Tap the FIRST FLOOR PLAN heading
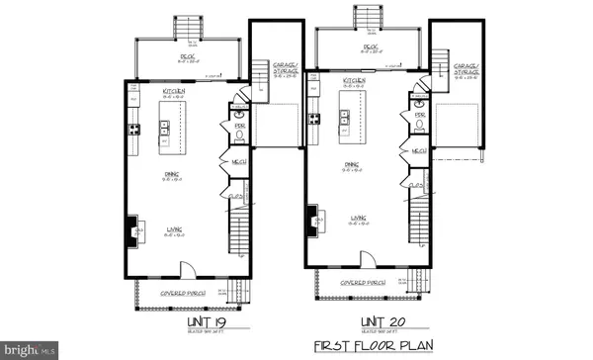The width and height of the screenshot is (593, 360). (361, 346)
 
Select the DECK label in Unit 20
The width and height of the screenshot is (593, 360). (371, 45)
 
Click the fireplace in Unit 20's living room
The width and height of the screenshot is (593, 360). (312, 219)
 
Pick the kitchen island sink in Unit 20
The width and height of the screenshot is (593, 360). (345, 119)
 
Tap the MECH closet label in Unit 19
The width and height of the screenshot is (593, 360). (238, 161)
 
